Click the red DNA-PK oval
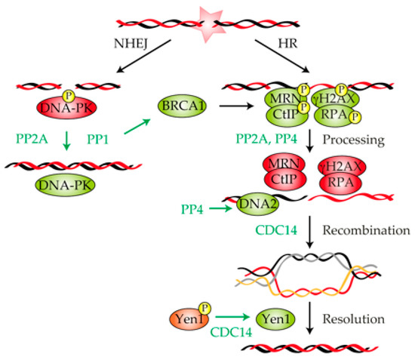tap(73, 113)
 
